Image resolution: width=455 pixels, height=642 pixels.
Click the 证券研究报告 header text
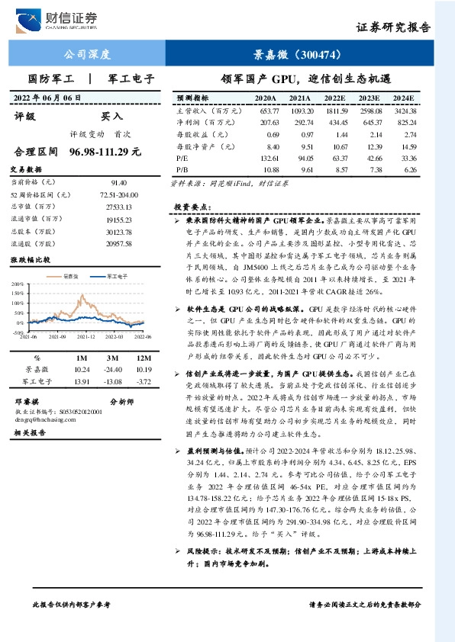tap(393, 27)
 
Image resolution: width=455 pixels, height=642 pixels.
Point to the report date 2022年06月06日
tap(47, 98)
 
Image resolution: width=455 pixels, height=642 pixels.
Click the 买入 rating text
tap(111, 117)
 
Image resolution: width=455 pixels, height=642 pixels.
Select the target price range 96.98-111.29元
tap(105, 152)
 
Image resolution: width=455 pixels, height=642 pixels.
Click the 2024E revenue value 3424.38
tap(404, 111)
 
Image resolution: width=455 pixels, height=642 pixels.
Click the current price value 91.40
tap(119, 183)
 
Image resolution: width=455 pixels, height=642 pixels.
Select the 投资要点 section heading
tap(191, 207)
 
